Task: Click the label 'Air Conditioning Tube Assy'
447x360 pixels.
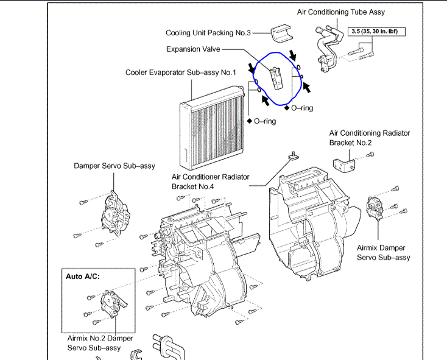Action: point(340,12)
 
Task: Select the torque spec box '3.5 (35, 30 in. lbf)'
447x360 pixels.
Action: point(377,30)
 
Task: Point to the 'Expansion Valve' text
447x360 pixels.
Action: point(193,49)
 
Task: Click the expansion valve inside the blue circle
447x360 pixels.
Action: point(277,76)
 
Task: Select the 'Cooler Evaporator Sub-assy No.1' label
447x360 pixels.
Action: point(180,72)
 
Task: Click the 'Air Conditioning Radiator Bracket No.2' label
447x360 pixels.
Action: point(370,138)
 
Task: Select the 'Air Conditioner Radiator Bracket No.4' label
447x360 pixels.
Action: point(211,181)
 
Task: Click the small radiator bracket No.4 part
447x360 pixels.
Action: point(294,156)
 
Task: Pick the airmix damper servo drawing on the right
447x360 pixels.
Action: point(376,209)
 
